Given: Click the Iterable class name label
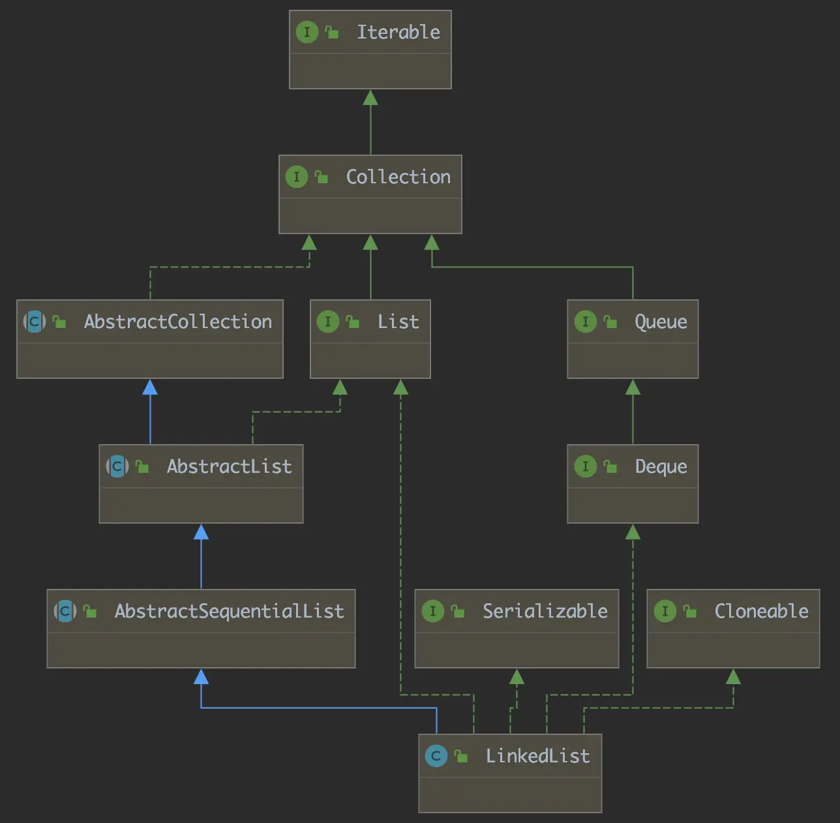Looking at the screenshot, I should tap(398, 32).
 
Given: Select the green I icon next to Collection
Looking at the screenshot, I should tap(297, 177).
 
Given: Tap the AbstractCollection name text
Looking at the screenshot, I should tap(177, 322).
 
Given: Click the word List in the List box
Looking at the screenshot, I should tap(398, 322).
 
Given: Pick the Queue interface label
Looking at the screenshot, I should tap(661, 322).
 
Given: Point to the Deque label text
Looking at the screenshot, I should tap(661, 466).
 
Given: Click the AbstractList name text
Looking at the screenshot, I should tap(229, 466).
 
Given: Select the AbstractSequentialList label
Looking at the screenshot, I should tap(229, 611).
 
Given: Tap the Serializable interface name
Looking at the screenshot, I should tap(545, 611).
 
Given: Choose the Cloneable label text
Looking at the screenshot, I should tap(761, 611).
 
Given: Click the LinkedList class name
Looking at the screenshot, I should tap(537, 756).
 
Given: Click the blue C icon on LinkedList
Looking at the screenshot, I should tap(436, 756).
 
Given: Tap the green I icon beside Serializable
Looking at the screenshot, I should tap(433, 611).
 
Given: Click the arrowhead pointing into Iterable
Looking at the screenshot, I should tap(370, 98).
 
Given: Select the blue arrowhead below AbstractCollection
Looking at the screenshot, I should tap(150, 387).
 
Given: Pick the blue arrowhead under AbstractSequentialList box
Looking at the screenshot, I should tap(202, 677).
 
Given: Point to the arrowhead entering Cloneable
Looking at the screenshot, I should tap(733, 677).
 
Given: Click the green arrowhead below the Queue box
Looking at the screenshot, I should tap(633, 387).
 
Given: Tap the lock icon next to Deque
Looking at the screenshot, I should tap(610, 466).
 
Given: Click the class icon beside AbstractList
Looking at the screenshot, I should tap(117, 466).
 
